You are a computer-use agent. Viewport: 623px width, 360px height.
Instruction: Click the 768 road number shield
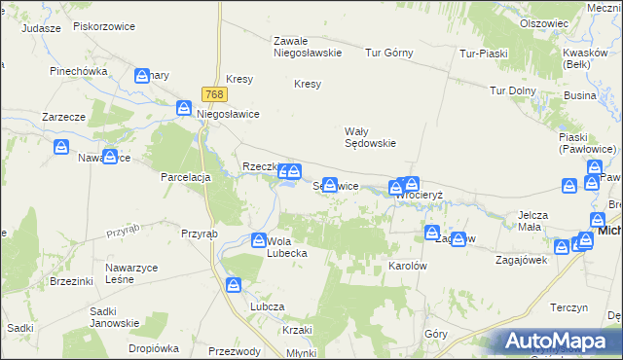point(215,94)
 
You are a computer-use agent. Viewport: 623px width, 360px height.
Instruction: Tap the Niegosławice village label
point(227,114)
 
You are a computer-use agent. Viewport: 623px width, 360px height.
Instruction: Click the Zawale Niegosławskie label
point(308,47)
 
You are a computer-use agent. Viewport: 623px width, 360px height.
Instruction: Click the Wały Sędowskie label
point(370,136)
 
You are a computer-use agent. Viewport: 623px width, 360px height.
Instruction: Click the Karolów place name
point(409,265)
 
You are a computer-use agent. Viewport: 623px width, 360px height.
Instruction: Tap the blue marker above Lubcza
point(234,284)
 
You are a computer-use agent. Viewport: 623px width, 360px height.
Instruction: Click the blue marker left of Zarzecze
point(61,147)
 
